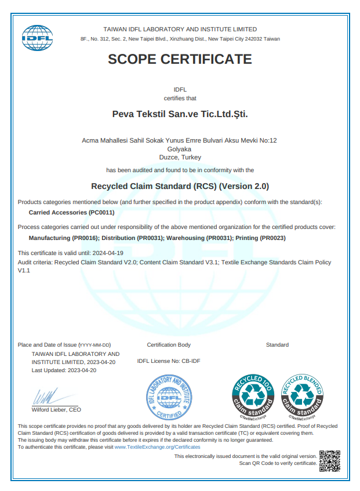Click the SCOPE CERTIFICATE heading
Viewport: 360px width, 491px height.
click(180, 59)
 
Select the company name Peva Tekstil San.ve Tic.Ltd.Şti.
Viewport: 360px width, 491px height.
click(180, 114)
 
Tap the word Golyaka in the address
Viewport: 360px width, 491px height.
click(180, 148)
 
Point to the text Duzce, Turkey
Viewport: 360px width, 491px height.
click(180, 157)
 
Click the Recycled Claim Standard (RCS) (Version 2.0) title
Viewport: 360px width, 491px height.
click(180, 187)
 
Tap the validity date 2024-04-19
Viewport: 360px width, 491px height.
click(108, 253)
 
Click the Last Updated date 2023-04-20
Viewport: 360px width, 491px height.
click(82, 370)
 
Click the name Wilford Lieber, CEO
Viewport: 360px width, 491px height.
click(56, 409)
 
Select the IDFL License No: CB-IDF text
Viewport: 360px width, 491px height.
click(169, 361)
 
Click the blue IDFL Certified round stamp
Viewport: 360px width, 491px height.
click(169, 397)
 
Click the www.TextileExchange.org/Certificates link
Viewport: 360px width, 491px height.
click(157, 447)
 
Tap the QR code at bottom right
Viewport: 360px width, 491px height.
click(329, 461)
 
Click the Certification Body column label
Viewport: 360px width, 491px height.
click(169, 345)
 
